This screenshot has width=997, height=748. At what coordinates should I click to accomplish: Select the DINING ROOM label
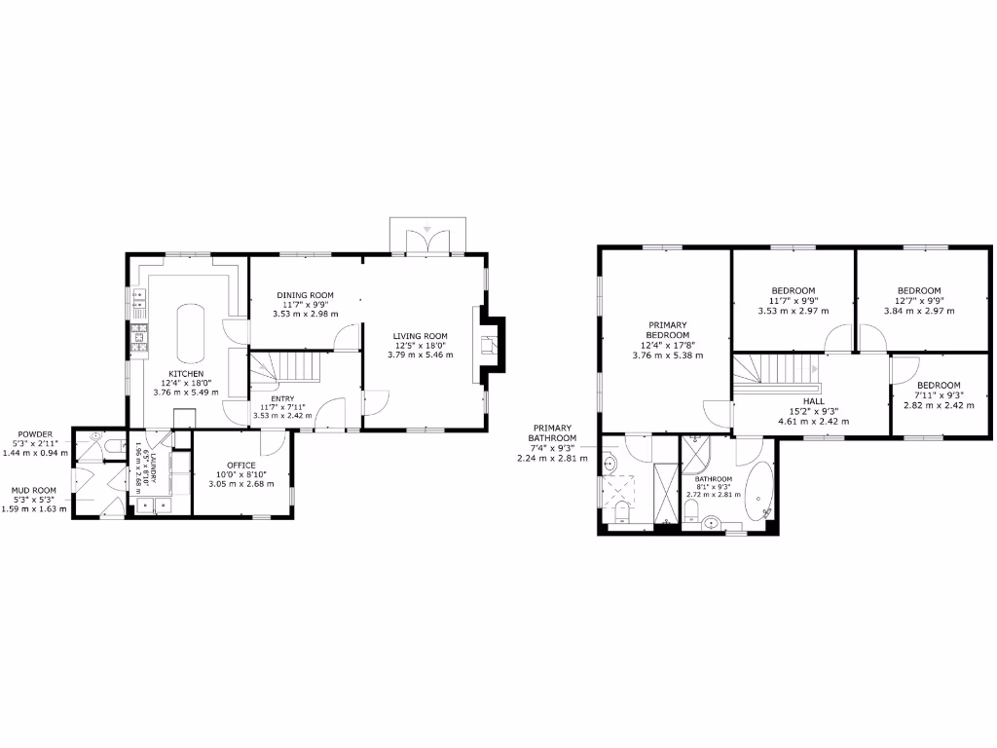(305, 295)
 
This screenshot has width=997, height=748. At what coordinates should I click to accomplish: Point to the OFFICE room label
(240, 465)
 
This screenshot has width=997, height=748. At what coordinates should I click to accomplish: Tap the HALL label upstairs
(814, 401)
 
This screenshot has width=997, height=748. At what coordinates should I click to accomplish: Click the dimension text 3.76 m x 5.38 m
(667, 355)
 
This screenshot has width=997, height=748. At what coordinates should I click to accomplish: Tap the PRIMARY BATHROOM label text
(552, 431)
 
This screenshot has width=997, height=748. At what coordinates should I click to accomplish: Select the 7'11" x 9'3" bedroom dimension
(939, 395)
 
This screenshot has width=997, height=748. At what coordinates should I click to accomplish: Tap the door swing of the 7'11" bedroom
(904, 370)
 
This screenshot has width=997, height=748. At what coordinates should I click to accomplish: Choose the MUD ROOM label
(34, 490)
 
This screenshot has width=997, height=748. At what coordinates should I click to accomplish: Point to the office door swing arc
(274, 442)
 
